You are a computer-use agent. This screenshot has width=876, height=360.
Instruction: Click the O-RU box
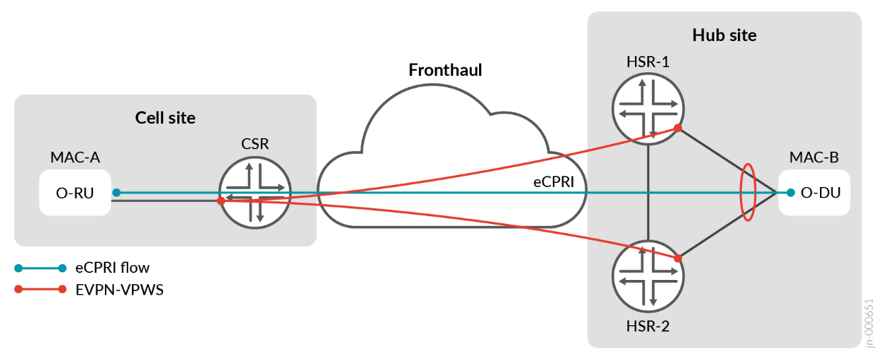(75, 192)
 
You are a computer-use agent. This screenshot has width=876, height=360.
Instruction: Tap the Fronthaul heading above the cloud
(445, 70)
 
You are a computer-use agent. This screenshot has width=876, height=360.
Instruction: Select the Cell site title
(165, 118)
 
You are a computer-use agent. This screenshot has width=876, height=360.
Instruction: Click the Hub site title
(724, 35)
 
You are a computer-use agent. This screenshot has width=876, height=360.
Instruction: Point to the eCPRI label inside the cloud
(553, 181)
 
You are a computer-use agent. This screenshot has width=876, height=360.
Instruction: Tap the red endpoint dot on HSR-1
(678, 128)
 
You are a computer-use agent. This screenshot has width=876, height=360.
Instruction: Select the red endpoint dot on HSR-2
(678, 258)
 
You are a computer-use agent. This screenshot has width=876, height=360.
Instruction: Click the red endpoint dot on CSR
(221, 201)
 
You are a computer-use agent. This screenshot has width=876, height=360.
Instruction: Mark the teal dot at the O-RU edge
(116, 192)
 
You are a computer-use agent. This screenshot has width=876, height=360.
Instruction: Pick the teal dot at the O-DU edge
(790, 192)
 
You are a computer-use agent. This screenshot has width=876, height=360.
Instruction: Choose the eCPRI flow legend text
(113, 268)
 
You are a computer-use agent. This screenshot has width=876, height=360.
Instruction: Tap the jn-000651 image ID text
(869, 322)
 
